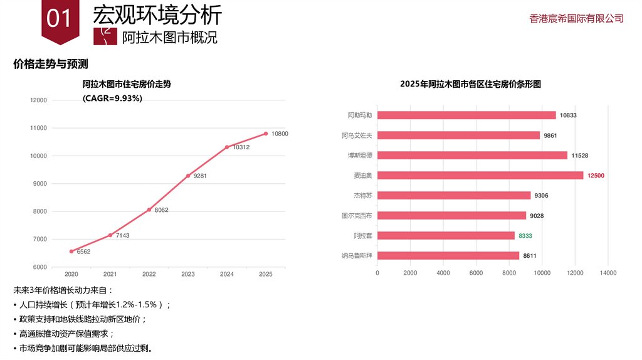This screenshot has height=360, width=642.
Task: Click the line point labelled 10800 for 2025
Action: point(266,134)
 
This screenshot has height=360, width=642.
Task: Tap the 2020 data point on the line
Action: point(71,251)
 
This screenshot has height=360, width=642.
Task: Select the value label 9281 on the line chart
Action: point(200,176)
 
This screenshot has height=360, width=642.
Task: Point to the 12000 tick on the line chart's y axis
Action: point(38,100)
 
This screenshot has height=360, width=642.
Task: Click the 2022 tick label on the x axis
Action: point(149,274)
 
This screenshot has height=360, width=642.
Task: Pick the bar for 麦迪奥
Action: point(480,176)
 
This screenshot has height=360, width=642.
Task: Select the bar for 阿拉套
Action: point(446,236)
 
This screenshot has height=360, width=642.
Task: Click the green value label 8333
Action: point(525,236)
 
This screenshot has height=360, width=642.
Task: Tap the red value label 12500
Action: point(596,176)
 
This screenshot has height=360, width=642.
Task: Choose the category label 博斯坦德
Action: point(360,156)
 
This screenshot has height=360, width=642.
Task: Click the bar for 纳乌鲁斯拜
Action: point(448,256)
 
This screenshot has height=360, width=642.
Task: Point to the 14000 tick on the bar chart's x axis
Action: point(608,273)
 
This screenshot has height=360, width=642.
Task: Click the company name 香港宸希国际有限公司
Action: point(577,19)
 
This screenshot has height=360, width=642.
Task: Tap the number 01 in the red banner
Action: point(60,19)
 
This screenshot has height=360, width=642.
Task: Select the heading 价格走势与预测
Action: point(50,64)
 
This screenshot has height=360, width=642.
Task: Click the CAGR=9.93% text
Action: point(112,98)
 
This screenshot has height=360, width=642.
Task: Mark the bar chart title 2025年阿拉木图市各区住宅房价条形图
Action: point(470,84)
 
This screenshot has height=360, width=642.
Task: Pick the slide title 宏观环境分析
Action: point(157,15)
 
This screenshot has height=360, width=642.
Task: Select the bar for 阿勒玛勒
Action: point(466,115)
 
